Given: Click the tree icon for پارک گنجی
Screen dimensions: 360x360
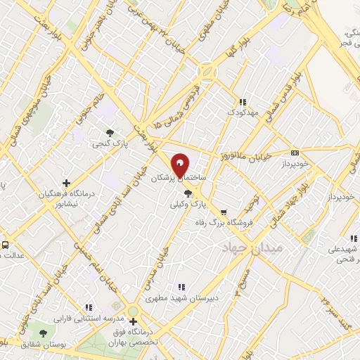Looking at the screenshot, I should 108,132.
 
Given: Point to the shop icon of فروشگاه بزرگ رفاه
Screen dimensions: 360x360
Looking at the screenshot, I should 224,212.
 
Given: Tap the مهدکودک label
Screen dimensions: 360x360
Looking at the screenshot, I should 243,112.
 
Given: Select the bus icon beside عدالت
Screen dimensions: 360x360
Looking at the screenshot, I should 5,246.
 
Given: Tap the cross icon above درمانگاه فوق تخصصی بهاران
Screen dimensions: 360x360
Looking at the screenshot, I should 134,321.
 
